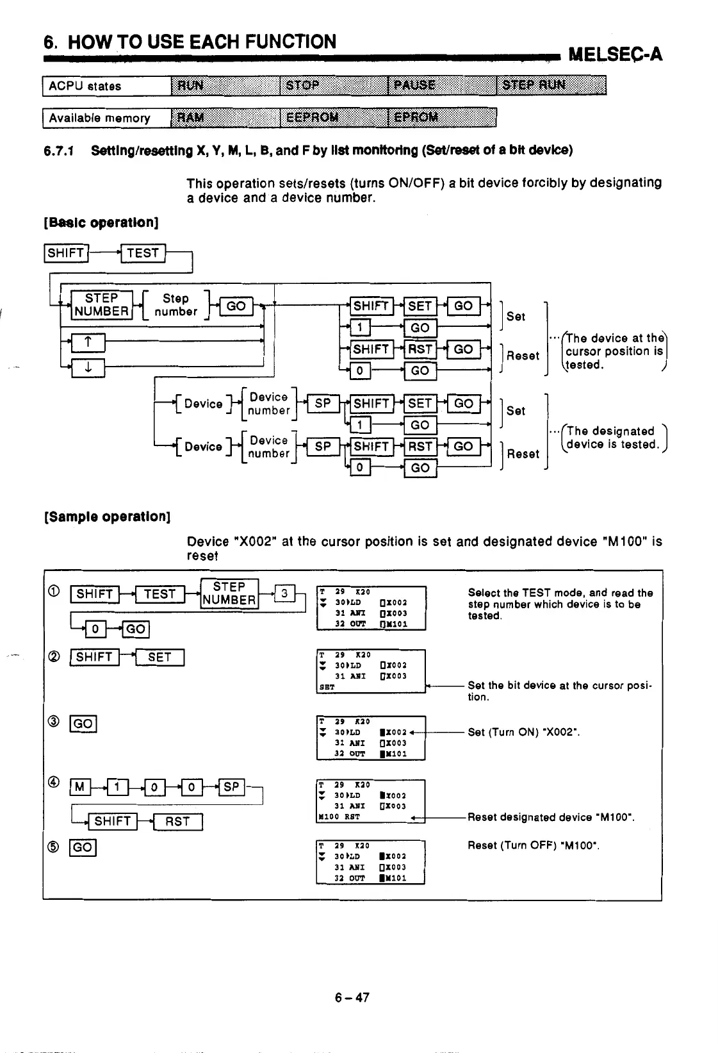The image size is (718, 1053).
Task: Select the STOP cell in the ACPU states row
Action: [334, 86]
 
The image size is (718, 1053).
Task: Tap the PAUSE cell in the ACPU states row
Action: [442, 86]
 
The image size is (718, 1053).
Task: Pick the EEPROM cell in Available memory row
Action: [334, 117]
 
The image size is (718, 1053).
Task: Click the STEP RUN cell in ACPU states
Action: [551, 86]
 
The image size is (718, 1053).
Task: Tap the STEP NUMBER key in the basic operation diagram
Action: [101, 305]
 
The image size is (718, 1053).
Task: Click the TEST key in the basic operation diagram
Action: [143, 253]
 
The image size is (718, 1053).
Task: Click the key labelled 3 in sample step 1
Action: [283, 593]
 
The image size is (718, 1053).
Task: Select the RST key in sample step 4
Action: [177, 821]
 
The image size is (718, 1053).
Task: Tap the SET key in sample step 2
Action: [159, 657]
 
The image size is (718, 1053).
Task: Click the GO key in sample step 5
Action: [83, 848]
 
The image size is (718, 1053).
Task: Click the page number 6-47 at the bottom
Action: [352, 997]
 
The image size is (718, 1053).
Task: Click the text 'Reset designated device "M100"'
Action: [551, 817]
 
